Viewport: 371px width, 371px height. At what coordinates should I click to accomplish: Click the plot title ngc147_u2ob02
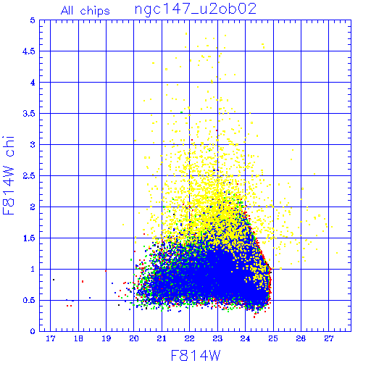[196, 9]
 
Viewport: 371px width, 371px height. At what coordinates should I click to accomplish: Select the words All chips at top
[86, 11]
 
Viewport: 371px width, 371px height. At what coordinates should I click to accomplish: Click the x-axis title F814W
[196, 356]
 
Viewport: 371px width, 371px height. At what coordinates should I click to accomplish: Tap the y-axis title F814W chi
[9, 175]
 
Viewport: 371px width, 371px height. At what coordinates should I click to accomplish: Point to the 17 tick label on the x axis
[51, 338]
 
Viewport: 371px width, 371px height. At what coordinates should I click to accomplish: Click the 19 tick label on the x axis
[107, 338]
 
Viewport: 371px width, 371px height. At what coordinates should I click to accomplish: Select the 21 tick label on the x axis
[162, 338]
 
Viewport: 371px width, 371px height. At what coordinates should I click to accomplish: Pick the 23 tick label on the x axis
[217, 338]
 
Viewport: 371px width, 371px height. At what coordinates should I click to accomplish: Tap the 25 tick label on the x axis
[273, 338]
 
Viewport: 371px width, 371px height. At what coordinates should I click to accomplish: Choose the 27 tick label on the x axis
[329, 338]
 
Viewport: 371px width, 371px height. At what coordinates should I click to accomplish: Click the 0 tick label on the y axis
[33, 331]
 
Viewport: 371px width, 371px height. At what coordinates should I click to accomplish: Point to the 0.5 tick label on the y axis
[29, 300]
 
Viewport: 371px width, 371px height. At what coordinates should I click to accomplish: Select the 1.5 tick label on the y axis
[29, 238]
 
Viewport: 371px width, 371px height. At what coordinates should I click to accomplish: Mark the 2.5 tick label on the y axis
[29, 176]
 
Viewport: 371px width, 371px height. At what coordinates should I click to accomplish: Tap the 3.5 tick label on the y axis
[29, 114]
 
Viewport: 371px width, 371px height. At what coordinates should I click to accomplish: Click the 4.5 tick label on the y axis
[29, 51]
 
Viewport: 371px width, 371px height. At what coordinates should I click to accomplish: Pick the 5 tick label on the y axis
[33, 20]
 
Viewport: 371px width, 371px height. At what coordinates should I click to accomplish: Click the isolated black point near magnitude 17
[54, 280]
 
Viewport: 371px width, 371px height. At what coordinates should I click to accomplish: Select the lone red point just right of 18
[83, 281]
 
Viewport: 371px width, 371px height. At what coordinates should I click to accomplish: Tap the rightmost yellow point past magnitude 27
[337, 253]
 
